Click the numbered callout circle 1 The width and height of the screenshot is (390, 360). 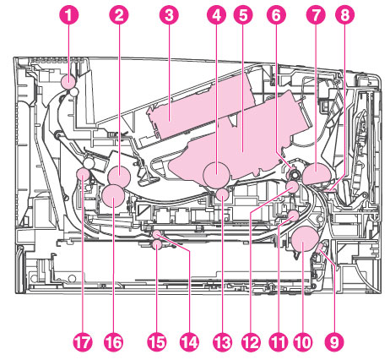[x=68, y=15]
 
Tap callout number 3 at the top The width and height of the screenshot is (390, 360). [x=169, y=15]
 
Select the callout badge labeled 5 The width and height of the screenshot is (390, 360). [x=243, y=15]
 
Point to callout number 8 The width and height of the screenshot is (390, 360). [x=345, y=15]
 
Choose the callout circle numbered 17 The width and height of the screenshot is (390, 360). [x=83, y=342]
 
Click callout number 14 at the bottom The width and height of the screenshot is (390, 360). [x=189, y=342]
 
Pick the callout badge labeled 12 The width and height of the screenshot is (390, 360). [x=251, y=342]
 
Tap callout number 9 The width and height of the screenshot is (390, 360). [x=334, y=342]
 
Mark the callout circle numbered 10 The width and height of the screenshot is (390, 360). [x=303, y=342]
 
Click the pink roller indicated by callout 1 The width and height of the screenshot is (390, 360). [x=68, y=82]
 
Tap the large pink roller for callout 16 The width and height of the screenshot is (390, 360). [x=113, y=196]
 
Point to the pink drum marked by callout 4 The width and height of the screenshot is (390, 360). [x=216, y=175]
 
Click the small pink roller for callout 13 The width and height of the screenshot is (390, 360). [x=223, y=194]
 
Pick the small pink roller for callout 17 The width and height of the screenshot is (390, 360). [x=84, y=174]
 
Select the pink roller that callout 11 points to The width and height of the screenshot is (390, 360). [x=294, y=215]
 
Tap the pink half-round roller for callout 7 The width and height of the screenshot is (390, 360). [x=317, y=174]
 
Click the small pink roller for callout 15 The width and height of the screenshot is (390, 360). [x=157, y=245]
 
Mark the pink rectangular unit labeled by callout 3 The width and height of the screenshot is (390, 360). [x=201, y=107]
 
